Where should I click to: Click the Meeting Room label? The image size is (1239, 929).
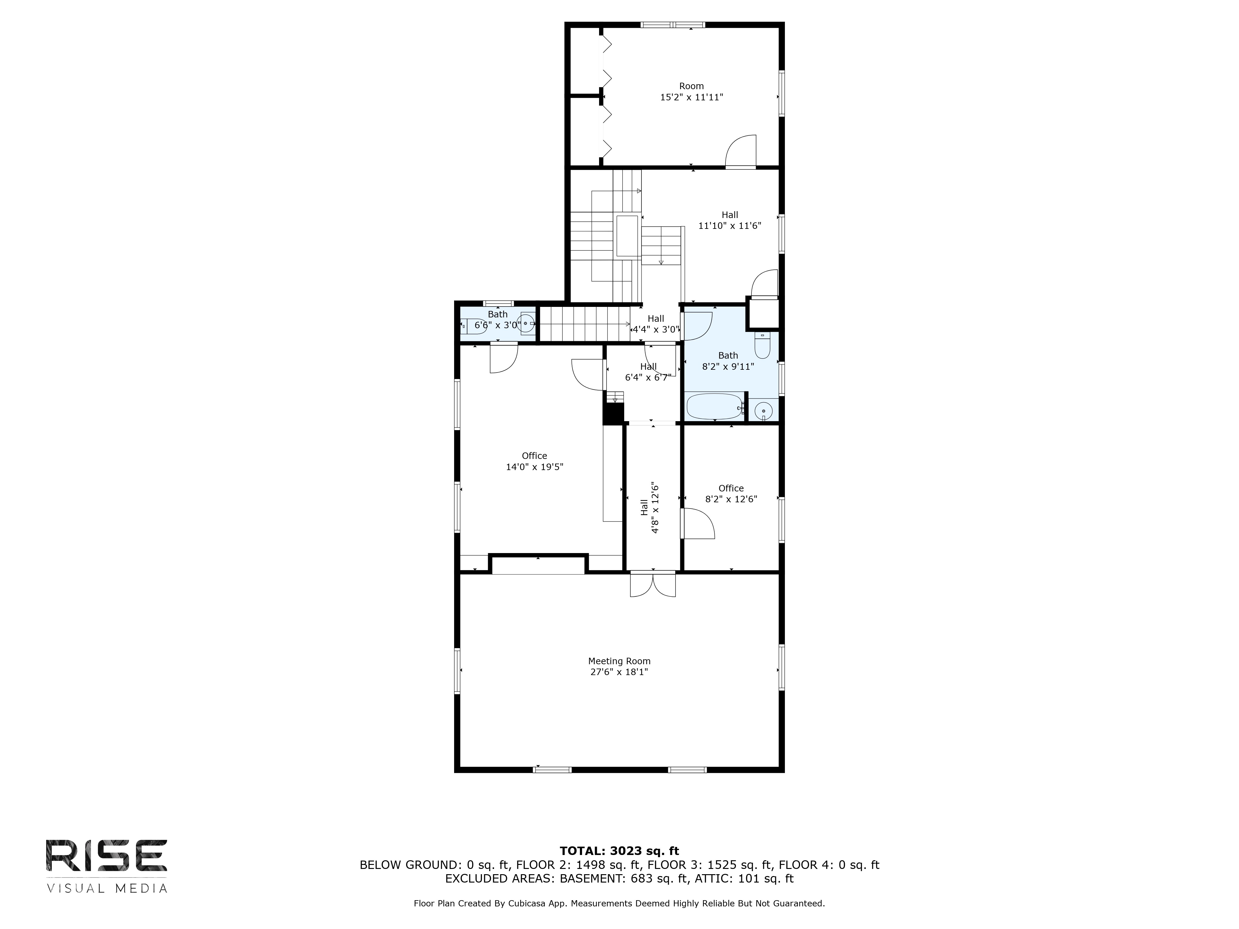coord(619,661)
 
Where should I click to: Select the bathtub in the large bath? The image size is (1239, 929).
coord(714,407)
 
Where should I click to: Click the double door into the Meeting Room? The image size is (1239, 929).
coord(653,584)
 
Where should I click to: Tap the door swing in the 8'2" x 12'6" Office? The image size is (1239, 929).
coord(697,524)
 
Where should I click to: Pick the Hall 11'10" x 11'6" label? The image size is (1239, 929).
coord(729,220)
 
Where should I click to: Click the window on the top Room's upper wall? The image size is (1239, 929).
coord(673,25)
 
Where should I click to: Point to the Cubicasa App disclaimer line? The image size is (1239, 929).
coord(619,903)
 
